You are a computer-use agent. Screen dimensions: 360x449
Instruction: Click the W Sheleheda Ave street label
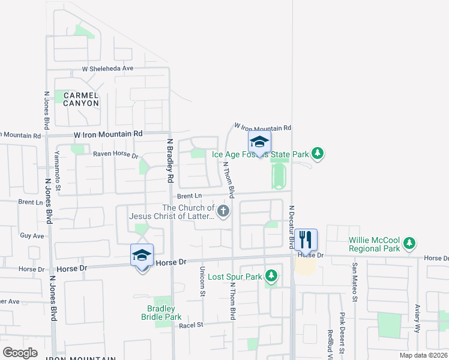[107, 68]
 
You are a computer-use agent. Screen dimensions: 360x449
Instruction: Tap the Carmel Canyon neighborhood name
[80, 99]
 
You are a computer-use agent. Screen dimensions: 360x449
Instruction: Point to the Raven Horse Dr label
[115, 155]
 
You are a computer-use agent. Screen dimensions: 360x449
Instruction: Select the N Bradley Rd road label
[170, 161]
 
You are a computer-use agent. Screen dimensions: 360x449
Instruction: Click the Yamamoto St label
[58, 171]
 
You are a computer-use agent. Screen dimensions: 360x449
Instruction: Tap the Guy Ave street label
[32, 236]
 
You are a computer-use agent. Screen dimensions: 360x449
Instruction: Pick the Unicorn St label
[202, 281]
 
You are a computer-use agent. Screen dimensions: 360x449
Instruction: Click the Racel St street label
[192, 325]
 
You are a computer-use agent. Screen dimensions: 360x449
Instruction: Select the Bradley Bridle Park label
[161, 313]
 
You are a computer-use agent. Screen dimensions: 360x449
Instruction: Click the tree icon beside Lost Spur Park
[272, 276]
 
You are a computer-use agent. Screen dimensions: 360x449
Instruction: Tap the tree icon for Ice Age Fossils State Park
[318, 154]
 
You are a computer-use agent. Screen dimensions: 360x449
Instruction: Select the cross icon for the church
[223, 211]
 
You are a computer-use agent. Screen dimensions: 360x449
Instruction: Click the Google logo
[20, 353]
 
